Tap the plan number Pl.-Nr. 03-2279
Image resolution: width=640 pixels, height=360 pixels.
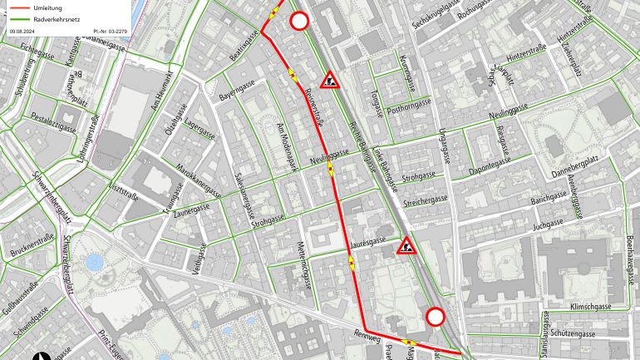[x=112, y=31]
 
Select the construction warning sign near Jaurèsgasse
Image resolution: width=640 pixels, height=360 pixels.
[x=407, y=245]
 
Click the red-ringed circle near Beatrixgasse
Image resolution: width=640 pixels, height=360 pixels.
[x=299, y=22]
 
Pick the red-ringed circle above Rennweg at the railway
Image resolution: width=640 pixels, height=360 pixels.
[x=435, y=317]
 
